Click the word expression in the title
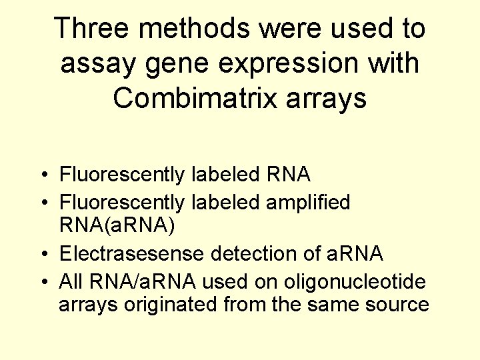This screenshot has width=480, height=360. click(x=285, y=63)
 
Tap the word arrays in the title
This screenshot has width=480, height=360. click(x=331, y=98)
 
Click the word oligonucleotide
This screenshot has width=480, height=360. click(x=355, y=281)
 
